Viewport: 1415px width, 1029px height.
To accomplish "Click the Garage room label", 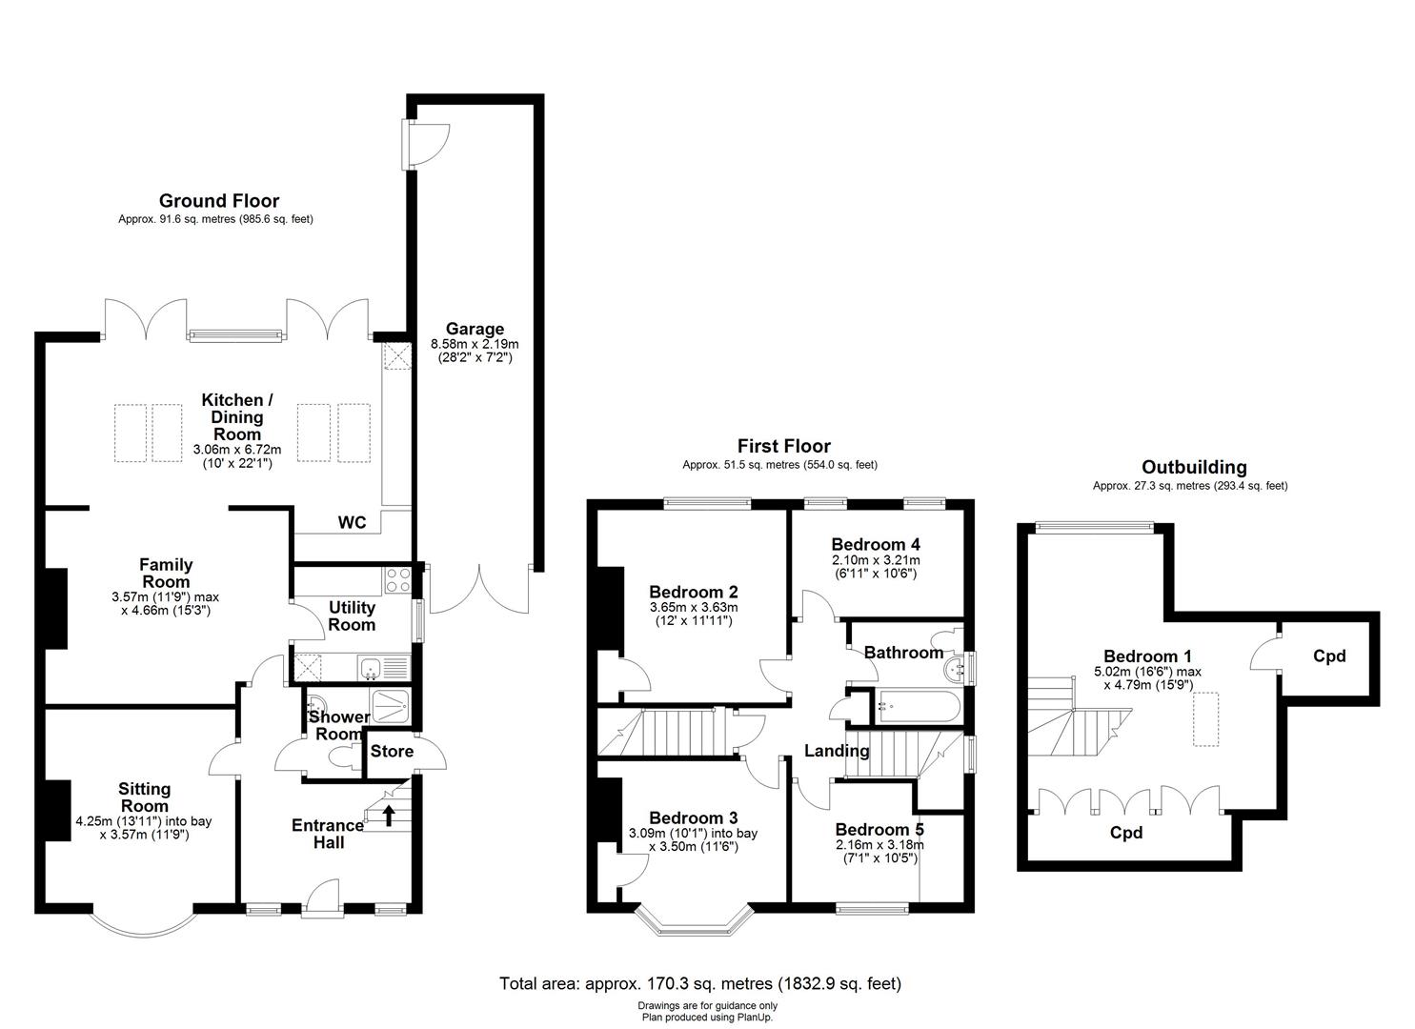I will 475,330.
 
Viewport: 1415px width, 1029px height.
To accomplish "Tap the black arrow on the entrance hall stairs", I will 389,816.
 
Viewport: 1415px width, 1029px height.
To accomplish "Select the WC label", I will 353,523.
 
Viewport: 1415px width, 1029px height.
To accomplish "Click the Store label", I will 392,752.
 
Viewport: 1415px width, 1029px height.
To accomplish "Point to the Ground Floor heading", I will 218,201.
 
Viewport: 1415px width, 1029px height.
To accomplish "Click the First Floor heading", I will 783,446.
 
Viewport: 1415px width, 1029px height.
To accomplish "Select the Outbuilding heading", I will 1193,467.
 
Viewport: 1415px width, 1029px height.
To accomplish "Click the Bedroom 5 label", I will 879,830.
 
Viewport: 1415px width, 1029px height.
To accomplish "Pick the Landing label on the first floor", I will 837,751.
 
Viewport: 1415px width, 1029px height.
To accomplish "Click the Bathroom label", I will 903,653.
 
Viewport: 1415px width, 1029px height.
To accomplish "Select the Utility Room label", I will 352,616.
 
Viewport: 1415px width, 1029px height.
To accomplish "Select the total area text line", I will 700,983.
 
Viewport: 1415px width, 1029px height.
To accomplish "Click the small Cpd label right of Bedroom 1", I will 1328,656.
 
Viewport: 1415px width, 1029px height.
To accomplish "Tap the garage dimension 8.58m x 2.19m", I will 475,344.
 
